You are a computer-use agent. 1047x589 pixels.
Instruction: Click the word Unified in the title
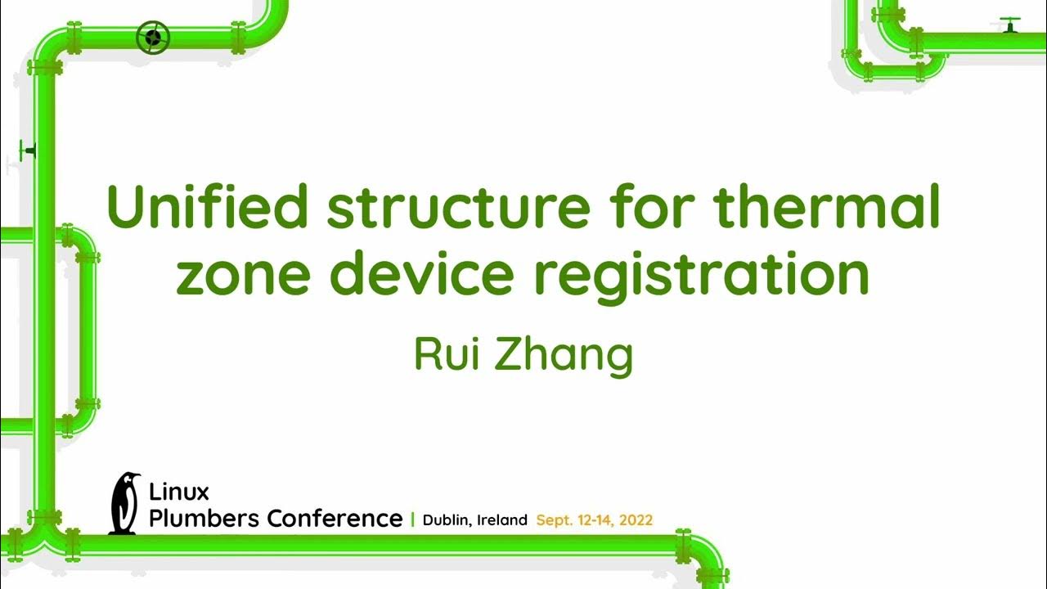pyautogui.click(x=208, y=208)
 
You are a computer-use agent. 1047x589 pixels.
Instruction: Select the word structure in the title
pyautogui.click(x=457, y=208)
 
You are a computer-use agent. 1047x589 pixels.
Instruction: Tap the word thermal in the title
pyautogui.click(x=828, y=208)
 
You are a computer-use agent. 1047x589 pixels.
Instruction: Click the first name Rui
pyautogui.click(x=447, y=353)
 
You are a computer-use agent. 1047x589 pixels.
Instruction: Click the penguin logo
pyautogui.click(x=124, y=503)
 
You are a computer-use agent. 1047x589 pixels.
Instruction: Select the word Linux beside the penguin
pyautogui.click(x=179, y=492)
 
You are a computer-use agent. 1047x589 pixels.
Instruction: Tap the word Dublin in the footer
pyautogui.click(x=445, y=520)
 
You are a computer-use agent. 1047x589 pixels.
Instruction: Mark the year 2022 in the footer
pyautogui.click(x=636, y=520)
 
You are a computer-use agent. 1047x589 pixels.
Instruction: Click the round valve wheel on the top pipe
pyautogui.click(x=153, y=38)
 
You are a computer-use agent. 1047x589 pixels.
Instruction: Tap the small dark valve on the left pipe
pyautogui.click(x=29, y=151)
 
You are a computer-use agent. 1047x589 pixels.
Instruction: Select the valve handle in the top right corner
pyautogui.click(x=1010, y=24)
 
